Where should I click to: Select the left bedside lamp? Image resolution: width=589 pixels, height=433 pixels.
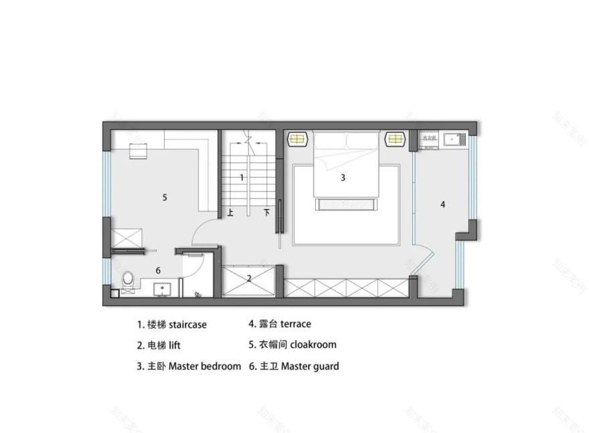point(297,139)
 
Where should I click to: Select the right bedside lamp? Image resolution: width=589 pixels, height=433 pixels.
point(395,139)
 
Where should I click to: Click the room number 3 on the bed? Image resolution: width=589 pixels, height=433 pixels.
point(343,178)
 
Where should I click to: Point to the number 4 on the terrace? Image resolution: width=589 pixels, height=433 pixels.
point(442,204)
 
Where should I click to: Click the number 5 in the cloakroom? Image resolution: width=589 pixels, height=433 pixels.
point(164,197)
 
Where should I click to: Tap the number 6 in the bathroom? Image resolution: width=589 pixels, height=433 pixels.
point(158,270)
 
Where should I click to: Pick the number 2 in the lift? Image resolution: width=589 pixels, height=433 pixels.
point(248,278)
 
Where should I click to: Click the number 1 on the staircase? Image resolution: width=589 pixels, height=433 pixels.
point(242,177)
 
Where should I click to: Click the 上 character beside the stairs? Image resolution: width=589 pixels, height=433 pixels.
point(230,213)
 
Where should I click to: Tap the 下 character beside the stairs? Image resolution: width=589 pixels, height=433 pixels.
point(266,213)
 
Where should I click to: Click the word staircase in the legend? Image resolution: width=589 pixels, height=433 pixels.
point(188,324)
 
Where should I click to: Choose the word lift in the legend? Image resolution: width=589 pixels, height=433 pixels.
point(174,346)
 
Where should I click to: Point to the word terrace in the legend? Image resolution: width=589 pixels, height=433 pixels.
point(295,324)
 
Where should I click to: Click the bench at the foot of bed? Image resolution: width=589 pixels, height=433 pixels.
point(343,204)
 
